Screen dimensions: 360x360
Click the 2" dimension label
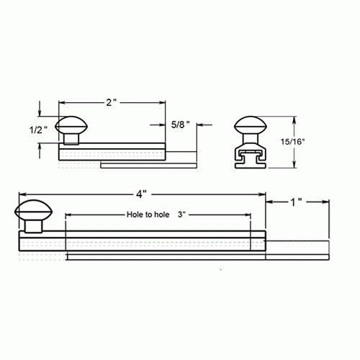[x=109, y=103]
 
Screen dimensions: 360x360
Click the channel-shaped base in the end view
[x=252, y=157]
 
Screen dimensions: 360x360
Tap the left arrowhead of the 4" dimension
[x=22, y=194]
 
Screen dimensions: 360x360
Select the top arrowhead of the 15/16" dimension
[x=292, y=117]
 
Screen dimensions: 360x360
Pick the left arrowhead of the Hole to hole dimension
[x=68, y=215]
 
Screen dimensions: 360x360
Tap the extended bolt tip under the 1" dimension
[x=299, y=251]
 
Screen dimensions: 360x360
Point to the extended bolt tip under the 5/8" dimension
[x=181, y=157]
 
